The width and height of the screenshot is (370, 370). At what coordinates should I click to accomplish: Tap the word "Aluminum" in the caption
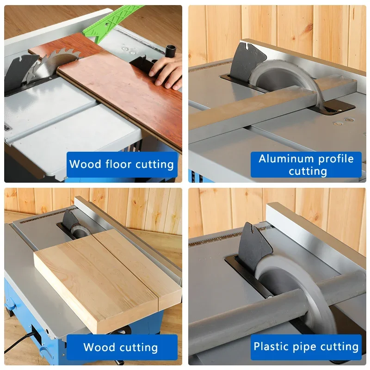(x=283, y=159)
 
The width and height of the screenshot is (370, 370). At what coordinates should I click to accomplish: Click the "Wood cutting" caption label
(x=121, y=347)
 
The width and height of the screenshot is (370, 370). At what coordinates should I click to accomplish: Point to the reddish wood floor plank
(x=125, y=92)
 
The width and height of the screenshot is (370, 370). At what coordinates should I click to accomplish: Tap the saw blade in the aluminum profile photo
(x=287, y=76)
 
